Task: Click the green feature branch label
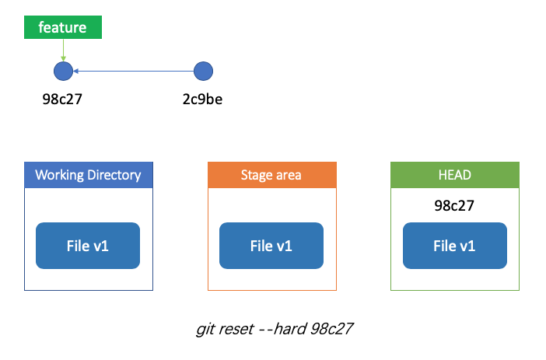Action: (63, 27)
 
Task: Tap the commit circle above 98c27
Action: (63, 71)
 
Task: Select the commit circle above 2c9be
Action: (203, 71)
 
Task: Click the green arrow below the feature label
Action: (63, 50)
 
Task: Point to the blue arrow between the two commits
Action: (133, 71)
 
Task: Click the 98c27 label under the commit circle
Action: (62, 100)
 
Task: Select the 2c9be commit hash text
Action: (203, 100)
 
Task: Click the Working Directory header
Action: (89, 175)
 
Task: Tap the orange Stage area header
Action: (272, 175)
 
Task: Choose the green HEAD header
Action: (455, 175)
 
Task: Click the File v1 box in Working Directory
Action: (88, 246)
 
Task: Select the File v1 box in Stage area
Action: (271, 246)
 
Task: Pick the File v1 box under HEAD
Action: (455, 246)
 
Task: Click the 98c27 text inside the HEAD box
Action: (454, 206)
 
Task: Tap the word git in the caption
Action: (205, 330)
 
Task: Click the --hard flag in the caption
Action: (282, 329)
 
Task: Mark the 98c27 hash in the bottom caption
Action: (331, 329)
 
